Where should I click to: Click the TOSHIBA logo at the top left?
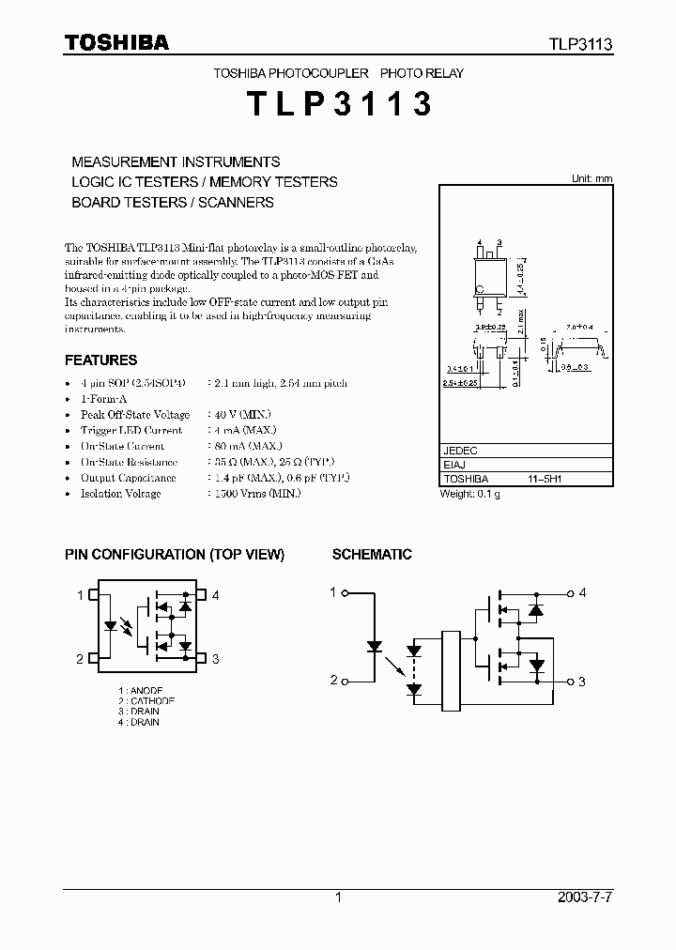(x=116, y=43)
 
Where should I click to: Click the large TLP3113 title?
(x=339, y=104)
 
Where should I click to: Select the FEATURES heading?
(x=100, y=360)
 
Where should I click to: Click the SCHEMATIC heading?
(x=372, y=555)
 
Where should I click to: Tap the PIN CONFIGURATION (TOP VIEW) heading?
(x=175, y=555)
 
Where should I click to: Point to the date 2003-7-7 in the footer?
(x=587, y=897)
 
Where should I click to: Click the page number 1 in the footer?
(x=338, y=897)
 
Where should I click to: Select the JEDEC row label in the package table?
(x=460, y=450)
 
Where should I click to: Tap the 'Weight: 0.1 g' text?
(x=470, y=494)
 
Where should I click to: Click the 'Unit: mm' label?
(x=591, y=178)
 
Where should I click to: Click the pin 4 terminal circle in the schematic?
(x=570, y=592)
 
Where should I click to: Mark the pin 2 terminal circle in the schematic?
(x=346, y=681)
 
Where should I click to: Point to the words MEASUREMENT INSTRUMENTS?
(x=176, y=161)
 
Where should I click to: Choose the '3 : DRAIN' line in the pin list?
(x=139, y=711)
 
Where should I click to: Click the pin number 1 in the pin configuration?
(x=80, y=594)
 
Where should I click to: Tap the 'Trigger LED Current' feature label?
(x=131, y=431)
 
